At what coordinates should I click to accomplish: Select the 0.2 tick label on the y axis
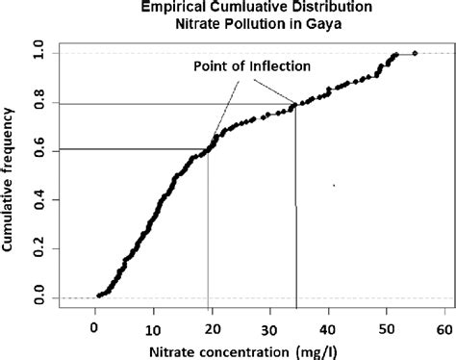39,248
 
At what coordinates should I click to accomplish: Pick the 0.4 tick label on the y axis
39,198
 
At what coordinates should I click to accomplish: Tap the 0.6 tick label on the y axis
39,147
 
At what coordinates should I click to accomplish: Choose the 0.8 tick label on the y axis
39,97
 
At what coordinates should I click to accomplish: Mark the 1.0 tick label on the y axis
39,46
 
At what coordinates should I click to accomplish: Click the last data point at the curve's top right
415,53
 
